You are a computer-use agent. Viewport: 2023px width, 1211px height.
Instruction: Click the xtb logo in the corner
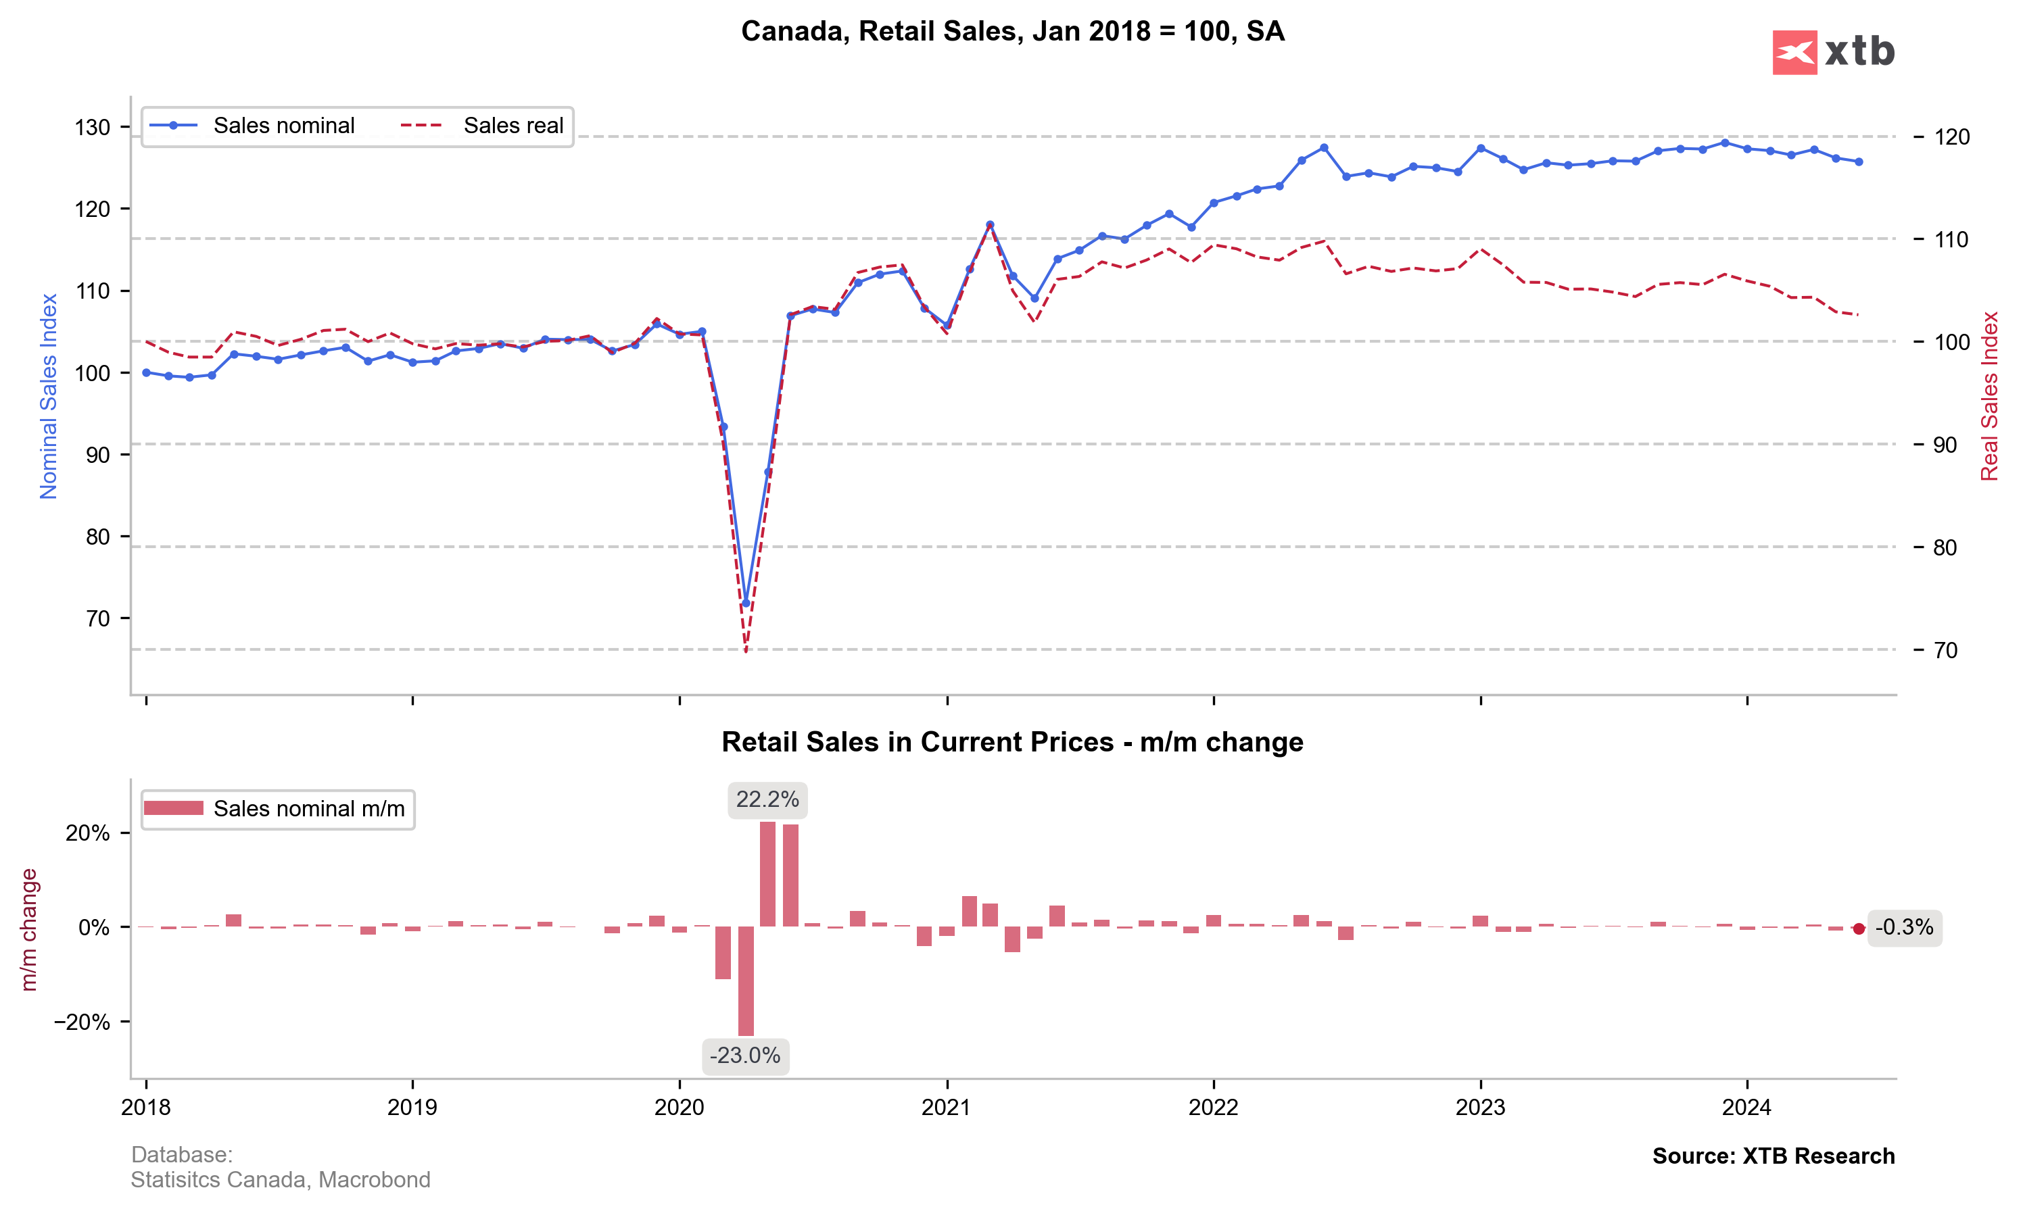point(1833,52)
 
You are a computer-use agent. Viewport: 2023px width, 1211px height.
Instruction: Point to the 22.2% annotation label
point(767,799)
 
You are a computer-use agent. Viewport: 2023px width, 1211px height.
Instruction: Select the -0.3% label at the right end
point(1904,928)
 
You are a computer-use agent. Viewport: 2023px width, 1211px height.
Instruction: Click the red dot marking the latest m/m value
point(1859,929)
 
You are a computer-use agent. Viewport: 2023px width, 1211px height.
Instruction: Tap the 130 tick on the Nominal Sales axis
point(92,127)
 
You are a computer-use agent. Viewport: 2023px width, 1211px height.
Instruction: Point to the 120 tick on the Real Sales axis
point(1952,137)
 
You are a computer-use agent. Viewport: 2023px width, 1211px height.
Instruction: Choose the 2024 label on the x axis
point(1746,1108)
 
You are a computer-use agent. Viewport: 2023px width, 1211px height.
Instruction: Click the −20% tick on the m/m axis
point(82,1022)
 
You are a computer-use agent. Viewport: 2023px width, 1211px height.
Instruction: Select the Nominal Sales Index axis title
point(49,397)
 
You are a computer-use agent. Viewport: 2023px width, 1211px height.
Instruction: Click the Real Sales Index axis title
point(1989,397)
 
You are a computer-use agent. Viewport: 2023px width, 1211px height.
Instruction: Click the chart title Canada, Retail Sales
point(1012,32)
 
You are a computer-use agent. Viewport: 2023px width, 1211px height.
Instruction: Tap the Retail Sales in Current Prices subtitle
point(1012,742)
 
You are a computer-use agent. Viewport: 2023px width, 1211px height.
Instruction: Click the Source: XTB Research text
point(1774,1156)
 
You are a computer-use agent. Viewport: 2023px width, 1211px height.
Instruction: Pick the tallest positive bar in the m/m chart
point(767,874)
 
